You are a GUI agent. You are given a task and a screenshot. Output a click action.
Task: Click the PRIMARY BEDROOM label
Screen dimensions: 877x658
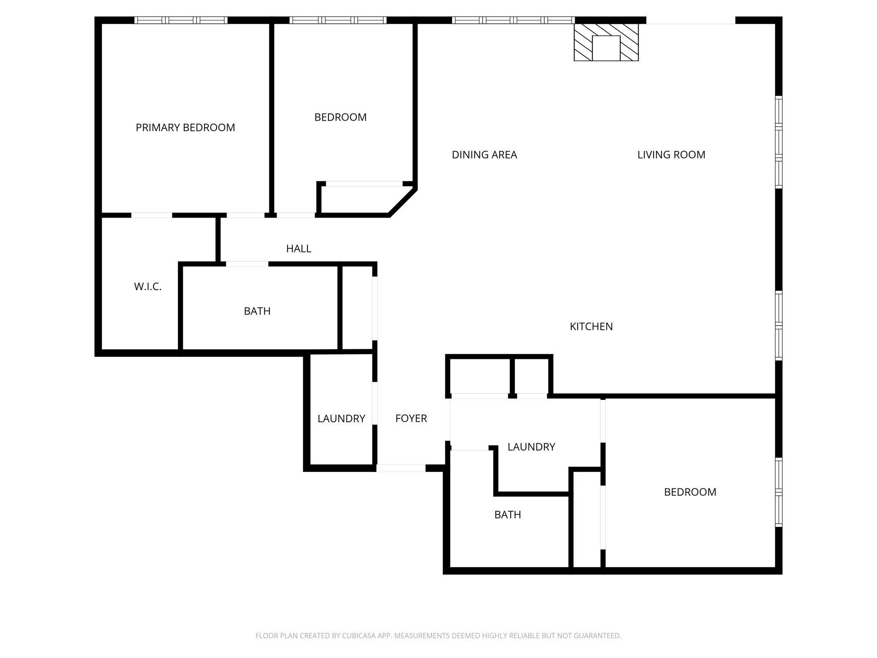(x=185, y=127)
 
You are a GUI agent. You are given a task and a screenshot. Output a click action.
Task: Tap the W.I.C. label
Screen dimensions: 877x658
(x=148, y=286)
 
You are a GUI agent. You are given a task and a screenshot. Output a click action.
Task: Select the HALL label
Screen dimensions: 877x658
(x=299, y=248)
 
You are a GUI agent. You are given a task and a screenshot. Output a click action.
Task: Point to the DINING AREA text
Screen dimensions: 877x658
(x=484, y=155)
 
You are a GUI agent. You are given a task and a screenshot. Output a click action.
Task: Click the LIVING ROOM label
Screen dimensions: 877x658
(x=671, y=155)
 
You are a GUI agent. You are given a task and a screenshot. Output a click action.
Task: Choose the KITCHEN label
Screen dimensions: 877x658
(x=591, y=326)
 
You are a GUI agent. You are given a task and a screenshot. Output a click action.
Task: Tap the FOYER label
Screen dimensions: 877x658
(x=411, y=418)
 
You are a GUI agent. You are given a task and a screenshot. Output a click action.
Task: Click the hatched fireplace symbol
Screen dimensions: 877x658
(x=606, y=42)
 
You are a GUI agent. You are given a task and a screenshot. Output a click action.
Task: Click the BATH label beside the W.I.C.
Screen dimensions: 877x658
(x=257, y=311)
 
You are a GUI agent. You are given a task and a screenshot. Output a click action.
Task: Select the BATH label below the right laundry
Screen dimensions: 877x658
(x=508, y=515)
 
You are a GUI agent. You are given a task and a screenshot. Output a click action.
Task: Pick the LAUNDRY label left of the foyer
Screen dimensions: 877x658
(x=341, y=418)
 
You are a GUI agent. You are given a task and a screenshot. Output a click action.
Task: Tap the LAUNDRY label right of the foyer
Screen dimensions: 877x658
(x=531, y=447)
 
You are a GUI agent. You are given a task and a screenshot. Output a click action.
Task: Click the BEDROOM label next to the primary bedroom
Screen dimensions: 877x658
(x=340, y=117)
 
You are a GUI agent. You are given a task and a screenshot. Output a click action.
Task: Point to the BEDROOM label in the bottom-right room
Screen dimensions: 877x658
(x=690, y=492)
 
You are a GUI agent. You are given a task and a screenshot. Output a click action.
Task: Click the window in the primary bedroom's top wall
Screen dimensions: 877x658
(x=181, y=20)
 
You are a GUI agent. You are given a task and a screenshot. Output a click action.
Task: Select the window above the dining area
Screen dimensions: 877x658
(x=513, y=20)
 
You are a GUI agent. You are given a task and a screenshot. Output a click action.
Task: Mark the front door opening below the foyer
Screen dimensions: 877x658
(x=401, y=468)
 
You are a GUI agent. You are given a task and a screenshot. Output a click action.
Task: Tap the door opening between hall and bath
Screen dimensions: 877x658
(x=247, y=264)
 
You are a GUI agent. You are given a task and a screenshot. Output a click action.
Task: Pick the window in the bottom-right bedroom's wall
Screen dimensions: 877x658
(x=779, y=492)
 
